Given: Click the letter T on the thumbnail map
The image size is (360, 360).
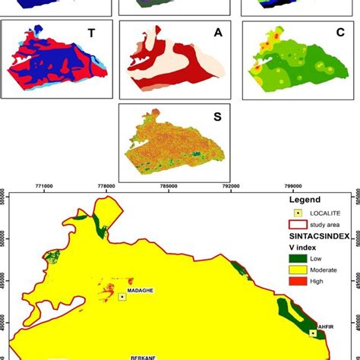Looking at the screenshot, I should click(91, 33).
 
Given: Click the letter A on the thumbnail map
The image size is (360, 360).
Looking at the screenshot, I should click(218, 33).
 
